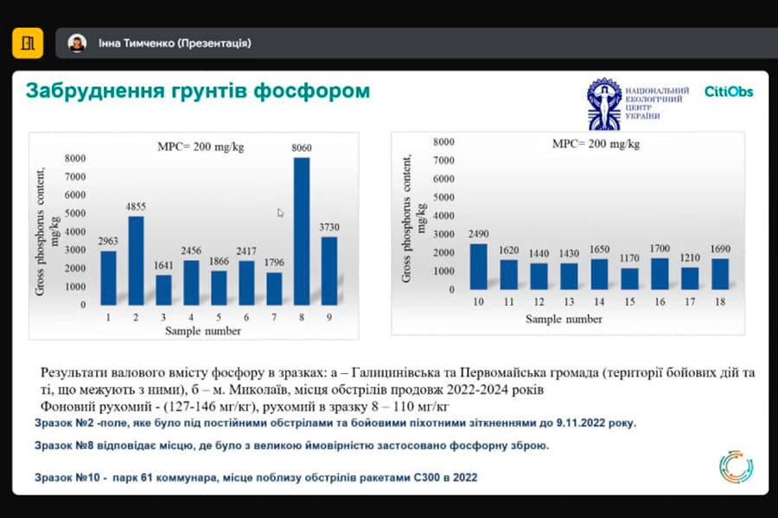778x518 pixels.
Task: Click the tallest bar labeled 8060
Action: click(303, 231)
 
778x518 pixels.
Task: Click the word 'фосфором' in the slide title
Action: click(315, 91)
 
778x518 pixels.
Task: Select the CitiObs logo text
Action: click(728, 92)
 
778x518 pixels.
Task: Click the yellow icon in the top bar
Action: click(28, 42)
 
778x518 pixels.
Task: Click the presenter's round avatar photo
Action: click(77, 42)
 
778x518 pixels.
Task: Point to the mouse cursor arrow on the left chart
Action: click(280, 212)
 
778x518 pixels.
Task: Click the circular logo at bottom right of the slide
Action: click(736, 466)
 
